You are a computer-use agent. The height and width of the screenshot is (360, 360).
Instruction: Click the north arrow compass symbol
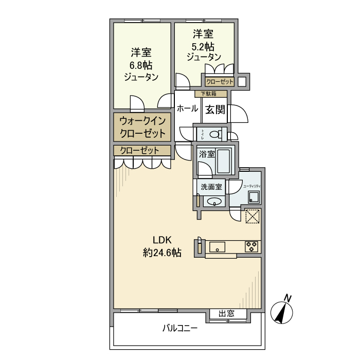click(283, 311)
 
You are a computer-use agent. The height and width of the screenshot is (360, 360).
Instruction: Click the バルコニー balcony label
click(180, 328)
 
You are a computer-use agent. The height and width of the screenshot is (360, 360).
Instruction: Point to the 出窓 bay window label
click(226, 314)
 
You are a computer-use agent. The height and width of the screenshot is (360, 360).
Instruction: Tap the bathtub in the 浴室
click(224, 161)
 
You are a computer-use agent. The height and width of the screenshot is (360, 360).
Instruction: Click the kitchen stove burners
click(251, 246)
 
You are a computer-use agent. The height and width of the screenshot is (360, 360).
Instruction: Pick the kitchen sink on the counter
click(218, 247)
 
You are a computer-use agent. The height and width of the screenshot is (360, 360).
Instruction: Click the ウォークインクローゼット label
click(142, 128)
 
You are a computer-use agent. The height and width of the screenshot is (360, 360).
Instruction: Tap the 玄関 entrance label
click(216, 109)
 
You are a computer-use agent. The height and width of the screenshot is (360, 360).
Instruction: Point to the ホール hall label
click(187, 109)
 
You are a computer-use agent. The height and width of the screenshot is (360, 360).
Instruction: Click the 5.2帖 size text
click(203, 46)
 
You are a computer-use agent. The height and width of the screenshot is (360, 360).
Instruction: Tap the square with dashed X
click(253, 217)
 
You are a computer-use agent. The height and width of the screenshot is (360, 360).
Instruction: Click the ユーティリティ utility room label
click(252, 186)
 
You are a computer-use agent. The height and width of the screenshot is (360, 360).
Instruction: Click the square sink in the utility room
click(254, 197)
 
